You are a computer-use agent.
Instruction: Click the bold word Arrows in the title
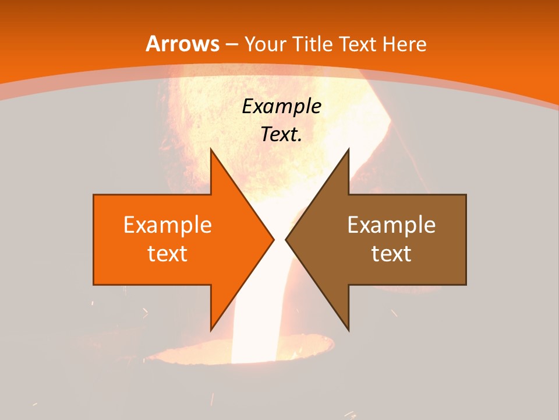[182, 44]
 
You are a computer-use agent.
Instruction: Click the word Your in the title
[265, 44]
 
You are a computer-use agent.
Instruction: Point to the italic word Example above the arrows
[281, 106]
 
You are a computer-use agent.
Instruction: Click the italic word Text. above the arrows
[281, 134]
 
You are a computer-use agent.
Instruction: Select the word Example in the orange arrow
[167, 225]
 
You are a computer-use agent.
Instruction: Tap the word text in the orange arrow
[167, 253]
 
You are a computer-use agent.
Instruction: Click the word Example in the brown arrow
[391, 225]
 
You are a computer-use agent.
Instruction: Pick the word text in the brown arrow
[391, 253]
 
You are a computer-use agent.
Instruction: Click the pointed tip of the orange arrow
[274, 239]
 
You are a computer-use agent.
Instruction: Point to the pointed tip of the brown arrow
[286, 239]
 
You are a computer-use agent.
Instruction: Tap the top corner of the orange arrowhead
[211, 149]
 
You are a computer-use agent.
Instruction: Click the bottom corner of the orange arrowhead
[211, 330]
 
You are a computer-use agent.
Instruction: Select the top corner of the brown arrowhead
[348, 149]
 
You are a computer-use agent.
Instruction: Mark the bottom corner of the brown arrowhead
[348, 330]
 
